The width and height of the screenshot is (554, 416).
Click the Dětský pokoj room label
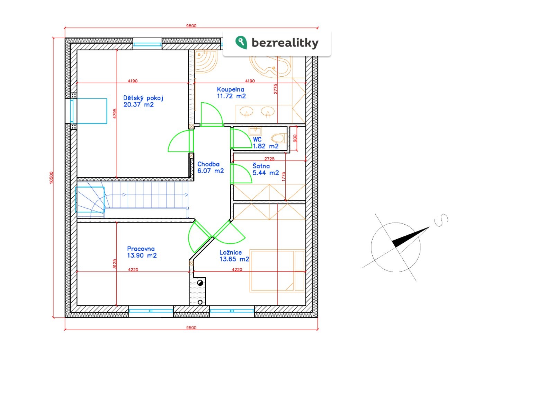[143, 98]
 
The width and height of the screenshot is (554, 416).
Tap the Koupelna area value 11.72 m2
[231, 96]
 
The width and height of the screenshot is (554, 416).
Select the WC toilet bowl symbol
[278, 138]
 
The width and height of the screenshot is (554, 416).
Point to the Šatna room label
[261, 166]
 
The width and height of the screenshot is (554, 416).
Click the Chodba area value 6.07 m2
[211, 171]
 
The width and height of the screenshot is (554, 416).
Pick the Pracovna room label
[141, 249]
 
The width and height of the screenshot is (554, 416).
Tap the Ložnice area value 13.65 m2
[234, 259]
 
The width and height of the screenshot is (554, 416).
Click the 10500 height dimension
[52, 177]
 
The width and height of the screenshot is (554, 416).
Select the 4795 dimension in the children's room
[115, 113]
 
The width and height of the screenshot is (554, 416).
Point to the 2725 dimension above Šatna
[269, 159]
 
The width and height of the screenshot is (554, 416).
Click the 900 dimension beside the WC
[295, 138]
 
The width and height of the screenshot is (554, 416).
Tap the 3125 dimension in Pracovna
[115, 264]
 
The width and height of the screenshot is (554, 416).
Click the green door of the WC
[241, 138]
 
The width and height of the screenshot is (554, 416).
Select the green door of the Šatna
[241, 173]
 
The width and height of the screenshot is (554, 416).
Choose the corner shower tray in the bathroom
[206, 62]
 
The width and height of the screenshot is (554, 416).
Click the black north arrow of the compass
[410, 237]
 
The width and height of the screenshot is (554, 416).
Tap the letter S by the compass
[441, 220]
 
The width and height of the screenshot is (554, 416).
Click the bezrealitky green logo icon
[241, 42]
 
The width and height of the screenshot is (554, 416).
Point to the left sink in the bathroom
[246, 111]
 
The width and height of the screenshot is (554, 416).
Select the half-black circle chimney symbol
[200, 283]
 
